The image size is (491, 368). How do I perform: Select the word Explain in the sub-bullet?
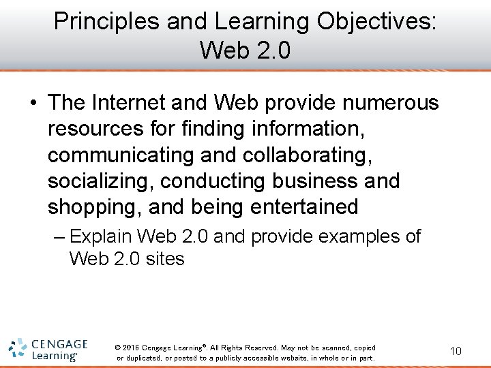(x=100, y=237)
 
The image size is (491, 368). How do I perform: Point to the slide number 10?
(x=456, y=351)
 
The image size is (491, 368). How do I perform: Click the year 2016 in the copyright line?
(x=130, y=348)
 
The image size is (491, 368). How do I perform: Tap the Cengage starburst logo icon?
(x=18, y=348)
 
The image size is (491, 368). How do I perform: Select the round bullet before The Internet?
(x=33, y=104)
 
